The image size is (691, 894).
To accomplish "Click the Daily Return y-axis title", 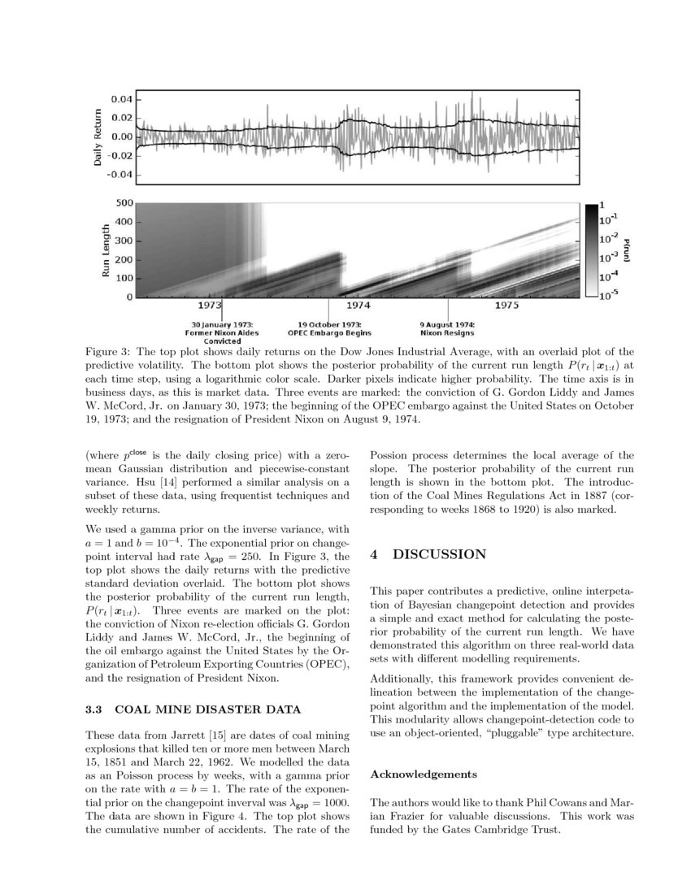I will (98, 137).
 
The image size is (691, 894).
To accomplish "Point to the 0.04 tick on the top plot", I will (120, 99).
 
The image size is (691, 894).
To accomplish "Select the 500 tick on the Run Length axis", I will (124, 202).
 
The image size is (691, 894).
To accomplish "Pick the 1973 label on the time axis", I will (210, 306).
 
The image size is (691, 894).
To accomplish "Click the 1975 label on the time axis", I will (507, 306).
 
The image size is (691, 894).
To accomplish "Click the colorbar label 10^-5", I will (609, 296).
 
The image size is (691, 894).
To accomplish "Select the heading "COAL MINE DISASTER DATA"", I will (210, 710).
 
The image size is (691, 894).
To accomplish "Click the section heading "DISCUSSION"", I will (439, 554).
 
